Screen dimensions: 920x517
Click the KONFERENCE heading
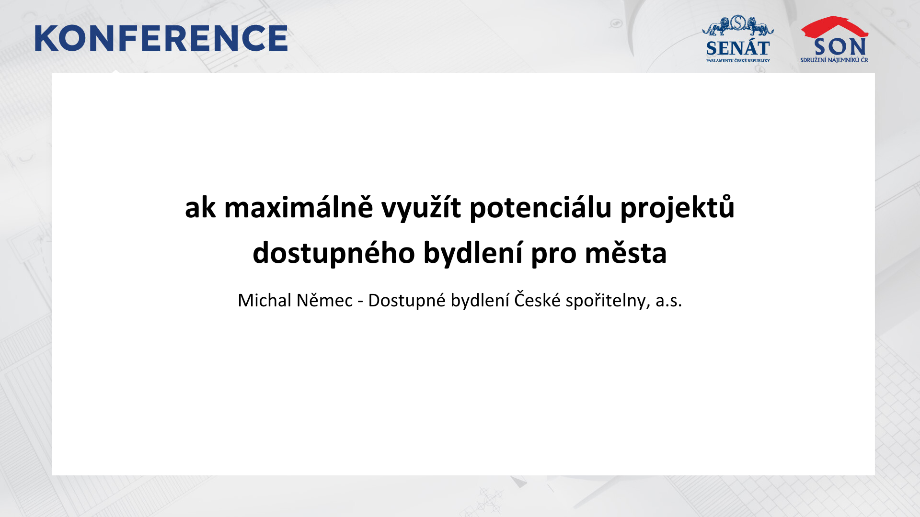point(161,38)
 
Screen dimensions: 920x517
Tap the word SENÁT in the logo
point(738,48)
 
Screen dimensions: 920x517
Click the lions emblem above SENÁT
point(738,25)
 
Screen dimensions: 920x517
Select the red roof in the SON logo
point(834,27)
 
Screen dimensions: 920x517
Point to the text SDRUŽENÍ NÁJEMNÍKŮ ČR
point(834,60)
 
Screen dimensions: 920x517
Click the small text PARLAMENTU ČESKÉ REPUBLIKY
point(738,61)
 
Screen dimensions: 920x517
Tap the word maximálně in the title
point(299,208)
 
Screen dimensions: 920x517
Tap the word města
point(626,253)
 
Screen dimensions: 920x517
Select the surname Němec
point(325,300)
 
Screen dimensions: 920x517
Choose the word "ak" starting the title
point(200,208)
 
